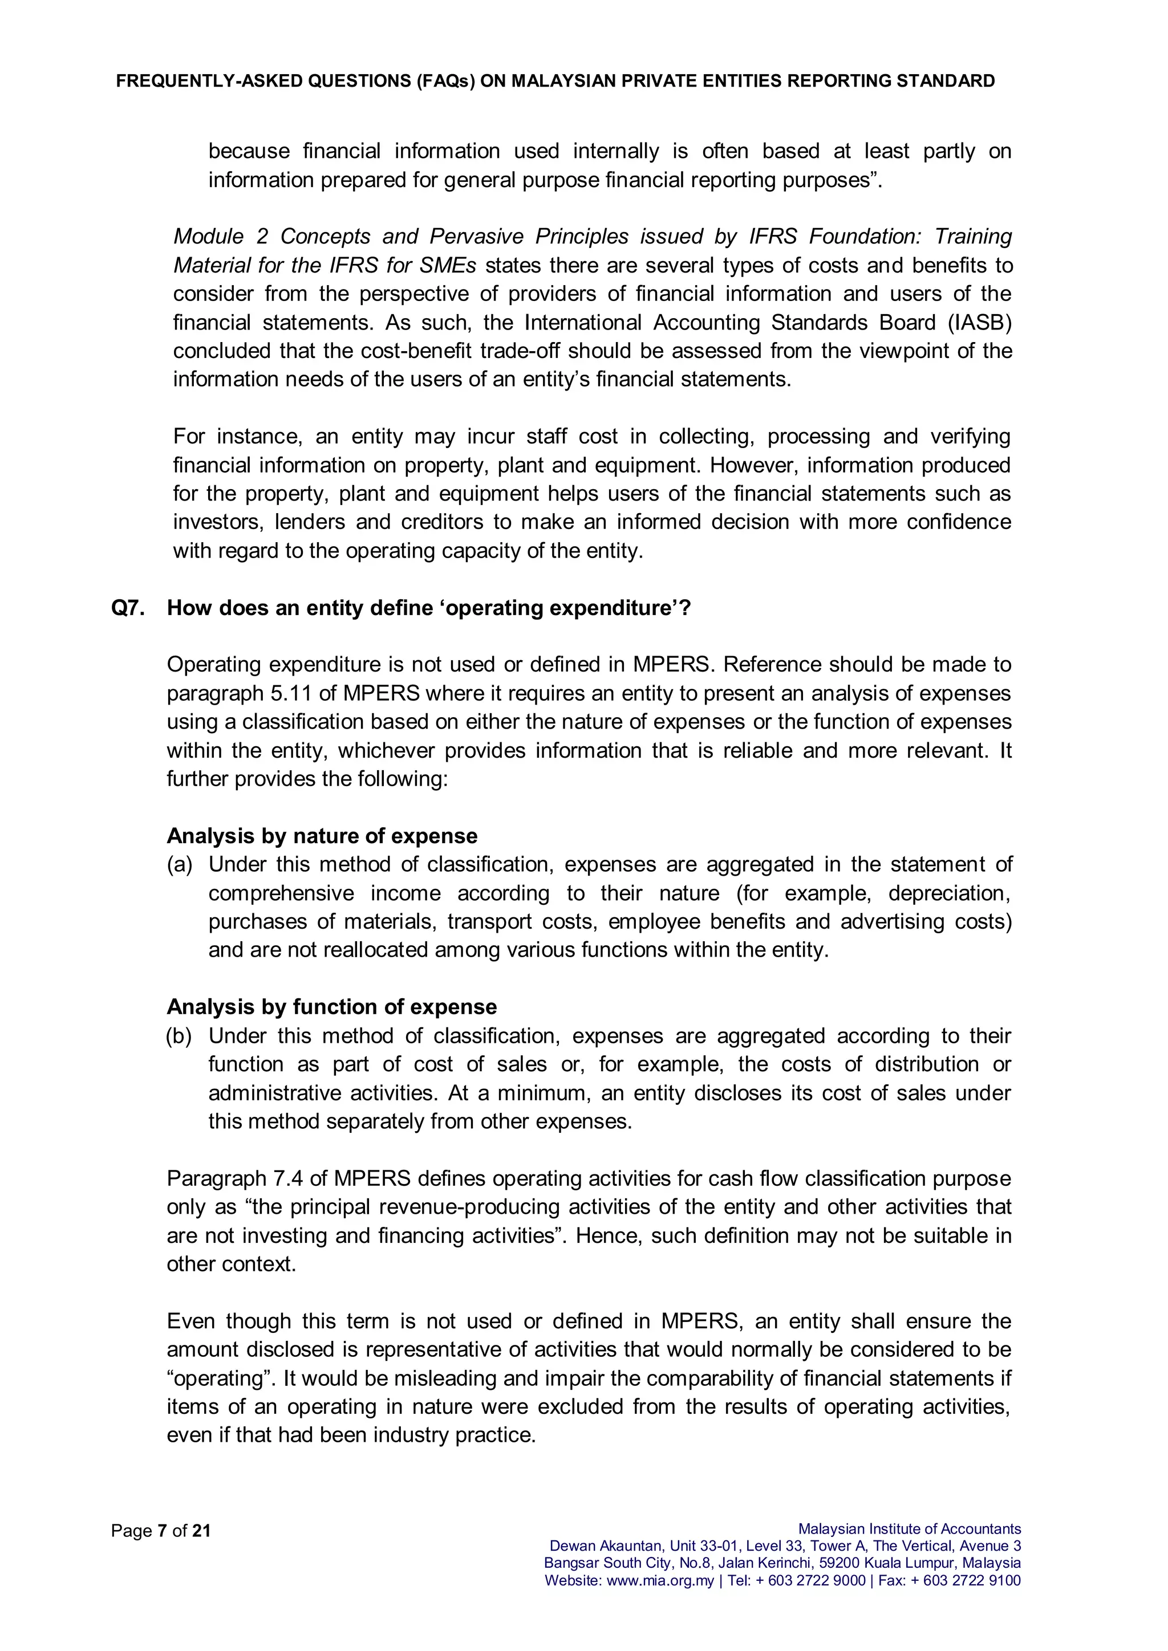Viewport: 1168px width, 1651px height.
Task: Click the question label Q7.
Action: (x=128, y=608)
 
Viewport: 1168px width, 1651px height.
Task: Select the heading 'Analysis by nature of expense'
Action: (x=322, y=836)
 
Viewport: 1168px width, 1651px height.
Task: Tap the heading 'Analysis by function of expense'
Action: (x=331, y=1007)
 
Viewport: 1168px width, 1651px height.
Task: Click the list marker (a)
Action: (x=180, y=864)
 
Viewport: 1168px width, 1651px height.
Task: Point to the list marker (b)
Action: (x=179, y=1036)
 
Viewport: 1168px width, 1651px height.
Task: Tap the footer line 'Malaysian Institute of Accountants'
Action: (x=909, y=1529)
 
